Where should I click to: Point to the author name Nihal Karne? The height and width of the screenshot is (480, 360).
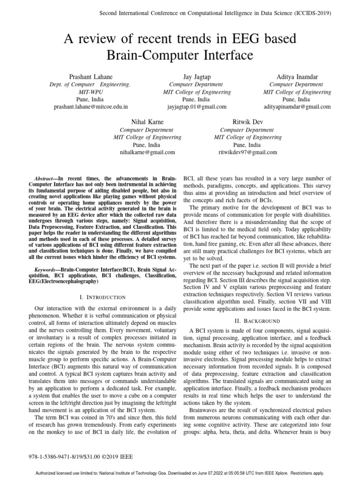tap(148, 122)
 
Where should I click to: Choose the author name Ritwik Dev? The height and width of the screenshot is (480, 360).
tap(248, 122)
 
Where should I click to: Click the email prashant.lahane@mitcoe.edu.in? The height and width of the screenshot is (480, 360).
tap(91, 107)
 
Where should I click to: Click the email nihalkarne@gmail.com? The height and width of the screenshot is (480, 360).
tap(148, 152)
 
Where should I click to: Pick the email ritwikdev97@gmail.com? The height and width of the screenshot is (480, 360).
tap(248, 152)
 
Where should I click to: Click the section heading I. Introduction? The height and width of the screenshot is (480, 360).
tap(103, 297)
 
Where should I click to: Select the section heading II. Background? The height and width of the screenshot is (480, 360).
tap(257, 321)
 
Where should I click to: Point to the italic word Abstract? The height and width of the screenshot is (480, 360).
tap(45, 179)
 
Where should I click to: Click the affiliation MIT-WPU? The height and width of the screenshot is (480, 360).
tap(91, 92)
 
